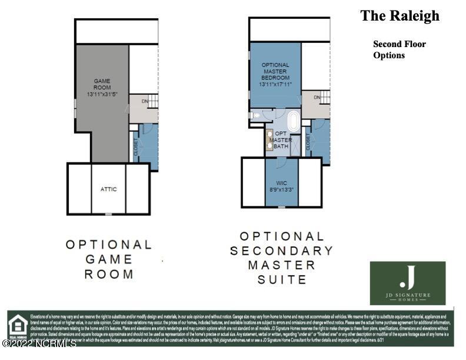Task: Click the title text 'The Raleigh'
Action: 400,16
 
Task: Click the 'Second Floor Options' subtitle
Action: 399,49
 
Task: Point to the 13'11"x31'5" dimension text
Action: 102,94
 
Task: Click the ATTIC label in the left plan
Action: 109,189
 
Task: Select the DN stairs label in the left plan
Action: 145,101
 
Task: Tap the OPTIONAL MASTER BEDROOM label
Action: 275,71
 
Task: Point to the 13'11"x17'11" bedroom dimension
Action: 275,84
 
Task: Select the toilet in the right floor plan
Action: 255,115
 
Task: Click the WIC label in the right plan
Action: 281,183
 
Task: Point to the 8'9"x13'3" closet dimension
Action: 281,190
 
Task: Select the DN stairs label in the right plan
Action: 317,98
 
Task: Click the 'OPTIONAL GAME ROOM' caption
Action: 109,259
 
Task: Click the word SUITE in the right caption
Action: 281,279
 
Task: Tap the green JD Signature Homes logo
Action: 408,284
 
